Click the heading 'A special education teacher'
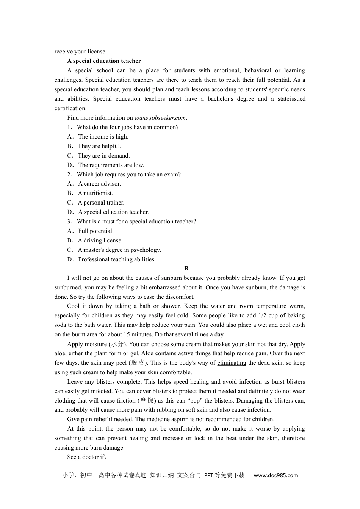tap(104, 61)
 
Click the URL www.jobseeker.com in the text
tap(160, 118)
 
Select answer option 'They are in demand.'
tap(103, 156)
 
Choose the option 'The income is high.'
tap(103, 137)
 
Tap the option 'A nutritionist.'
tap(95, 193)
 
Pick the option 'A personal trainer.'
tap(101, 203)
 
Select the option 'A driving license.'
tap(100, 240)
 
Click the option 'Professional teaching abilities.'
tap(117, 259)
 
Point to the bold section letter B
tap(186, 269)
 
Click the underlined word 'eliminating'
tap(232, 363)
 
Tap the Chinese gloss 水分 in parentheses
tap(117, 344)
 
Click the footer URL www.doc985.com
tap(275, 475)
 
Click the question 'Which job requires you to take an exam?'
tap(128, 175)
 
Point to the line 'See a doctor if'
tap(87, 457)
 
